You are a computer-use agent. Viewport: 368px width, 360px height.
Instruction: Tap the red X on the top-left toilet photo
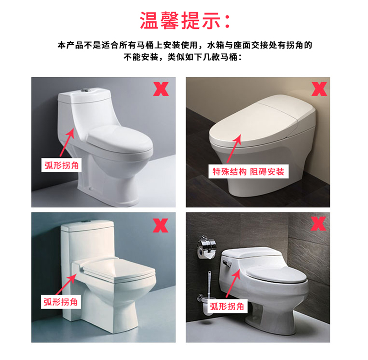click(x=161, y=88)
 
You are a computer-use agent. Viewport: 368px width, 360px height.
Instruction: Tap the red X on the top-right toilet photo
click(x=319, y=88)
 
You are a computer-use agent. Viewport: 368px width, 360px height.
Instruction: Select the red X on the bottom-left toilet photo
click(x=161, y=225)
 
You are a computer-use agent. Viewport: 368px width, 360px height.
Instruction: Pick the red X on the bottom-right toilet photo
click(x=319, y=224)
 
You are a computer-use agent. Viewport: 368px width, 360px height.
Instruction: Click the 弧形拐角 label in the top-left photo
click(x=61, y=165)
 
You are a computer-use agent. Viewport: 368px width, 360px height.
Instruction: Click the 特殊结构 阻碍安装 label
click(x=248, y=171)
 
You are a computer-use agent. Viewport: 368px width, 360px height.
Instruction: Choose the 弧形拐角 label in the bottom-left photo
click(x=61, y=302)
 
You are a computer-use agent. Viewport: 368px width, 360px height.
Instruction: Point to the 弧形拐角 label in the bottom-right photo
click(x=227, y=306)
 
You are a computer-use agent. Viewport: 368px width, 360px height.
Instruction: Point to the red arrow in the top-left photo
click(x=68, y=143)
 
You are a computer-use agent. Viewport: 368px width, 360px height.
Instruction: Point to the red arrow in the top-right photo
click(x=234, y=149)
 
